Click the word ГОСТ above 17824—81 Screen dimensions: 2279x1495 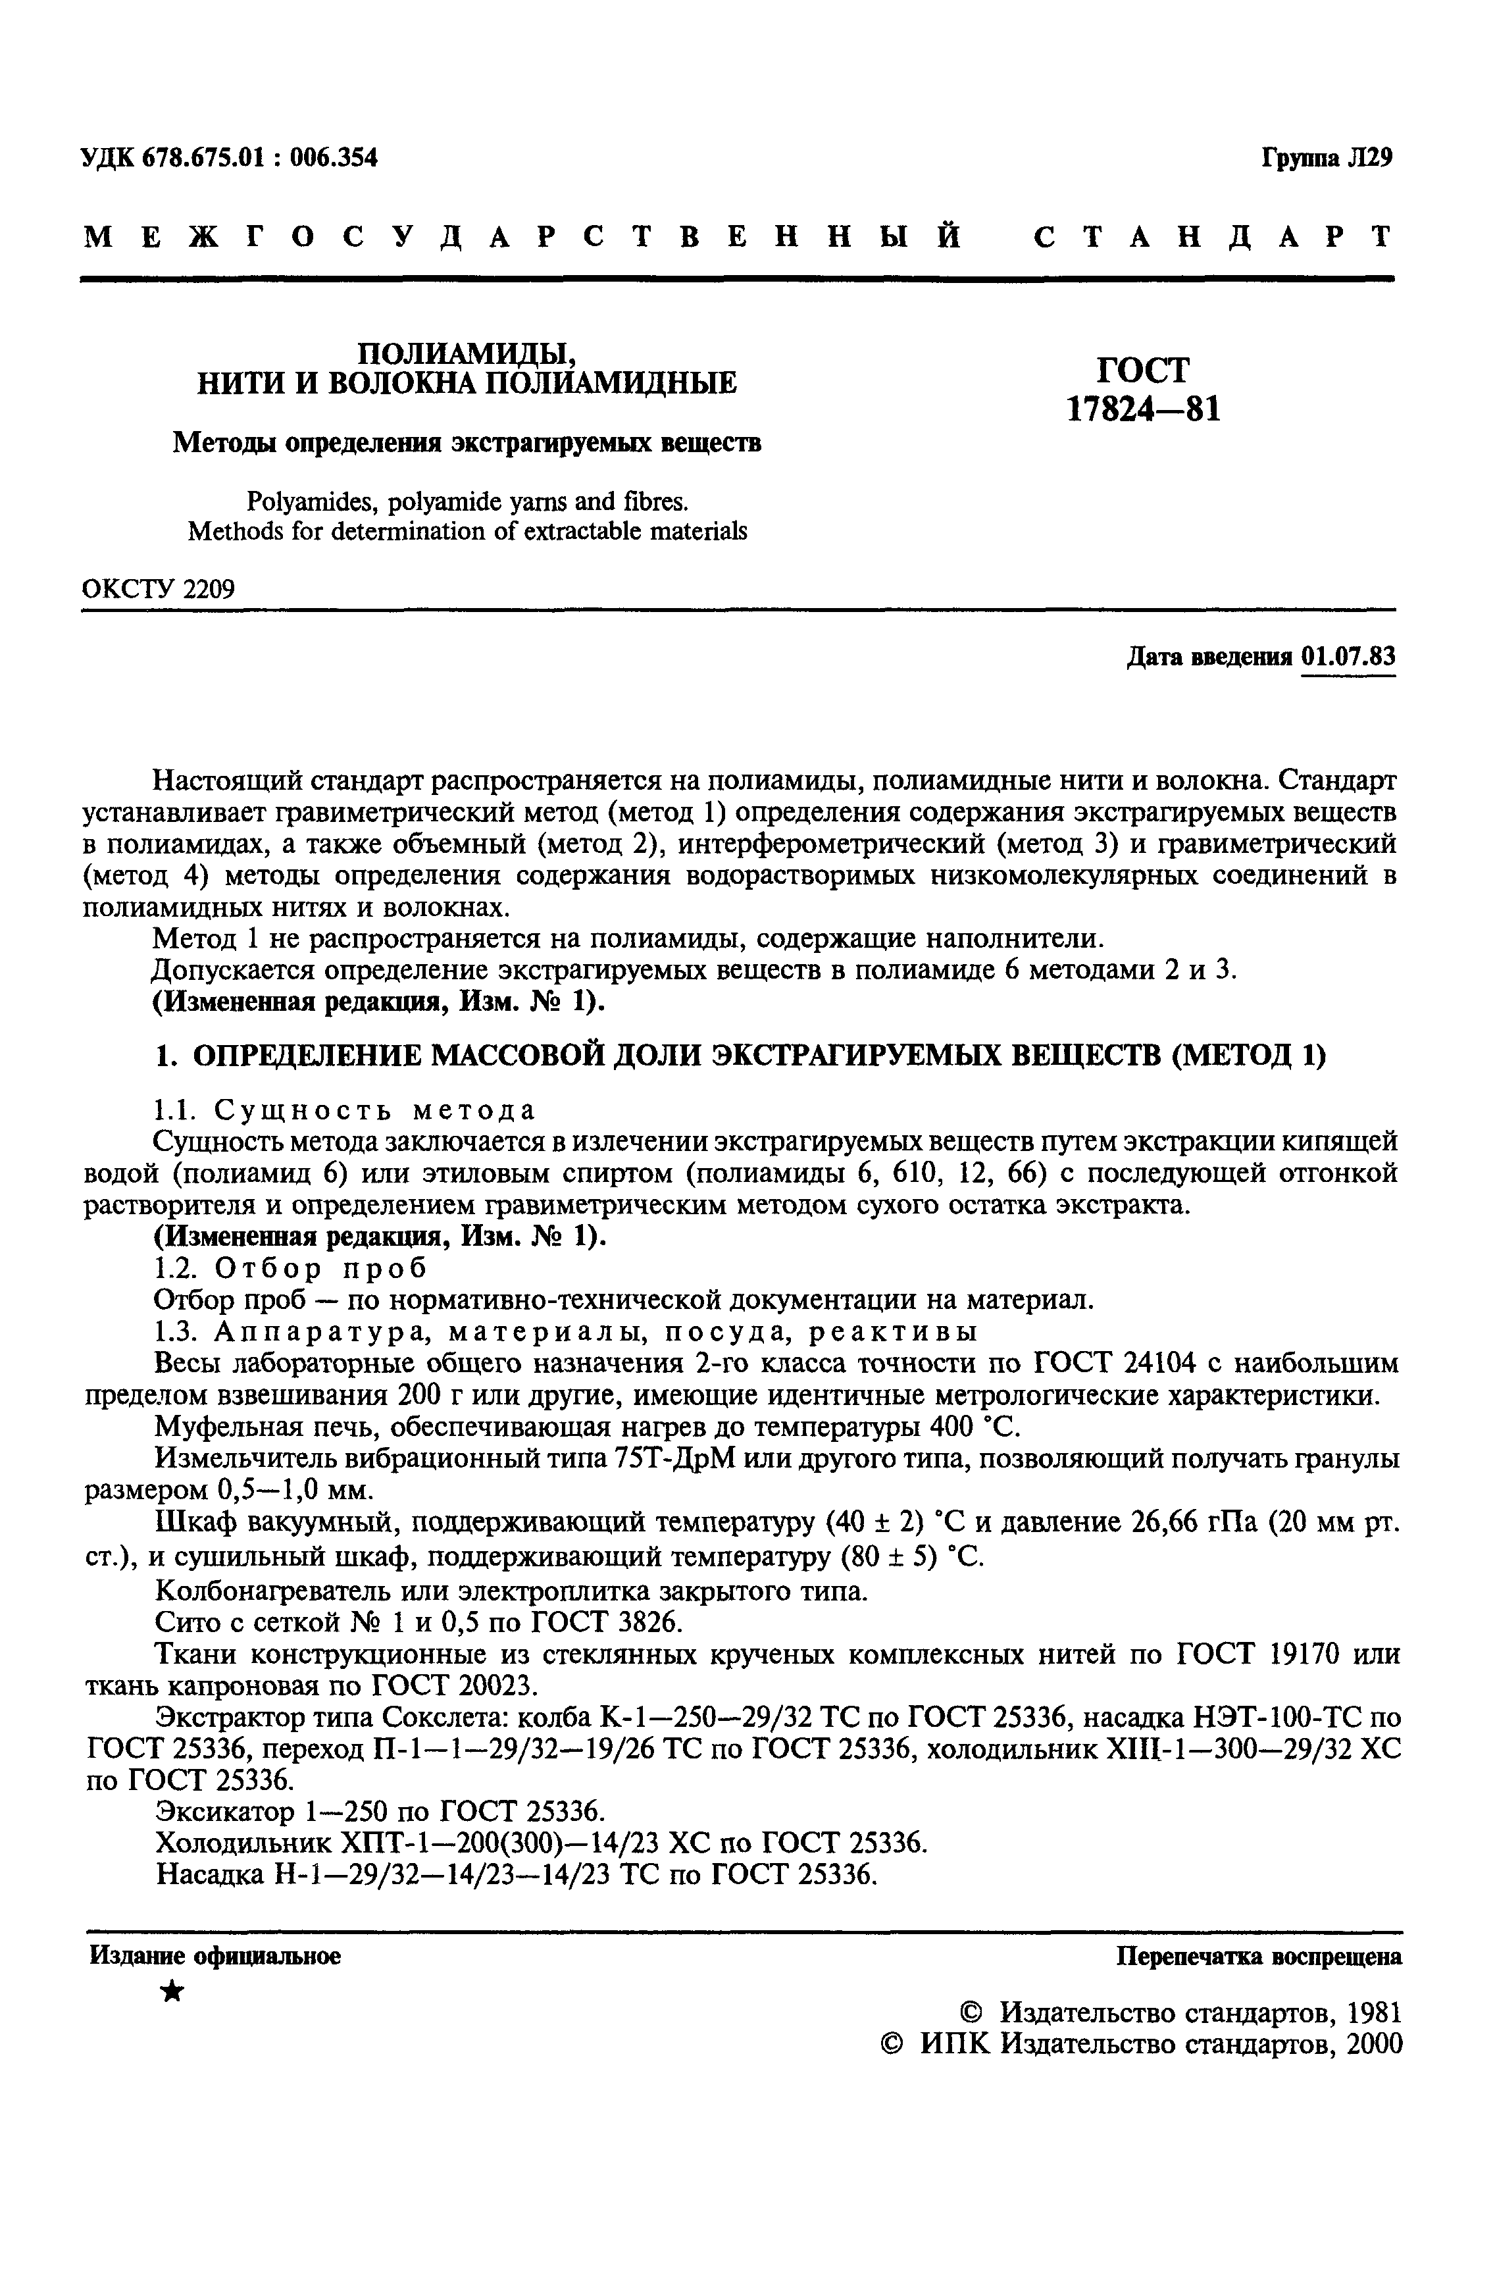(1142, 370)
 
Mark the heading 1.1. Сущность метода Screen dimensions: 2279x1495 (345, 1110)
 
